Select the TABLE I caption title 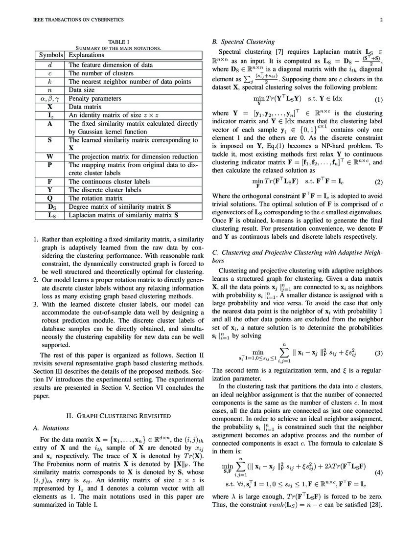tap(117, 42)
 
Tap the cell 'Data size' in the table tap(84, 90)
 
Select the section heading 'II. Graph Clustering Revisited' tap(118, 416)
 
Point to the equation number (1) tap(378, 100)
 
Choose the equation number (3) tap(378, 353)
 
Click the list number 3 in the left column tap(36, 304)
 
